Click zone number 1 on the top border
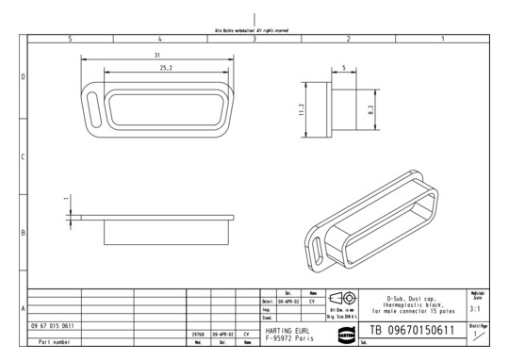pos(441,39)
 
